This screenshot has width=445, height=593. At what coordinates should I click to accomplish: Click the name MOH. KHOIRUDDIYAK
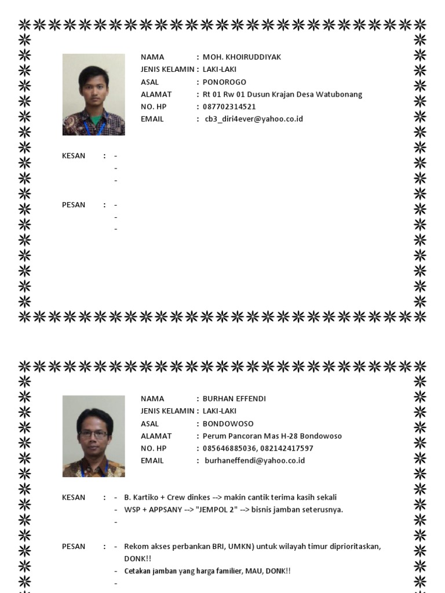(242, 57)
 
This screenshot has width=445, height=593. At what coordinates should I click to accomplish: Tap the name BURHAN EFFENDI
(235, 398)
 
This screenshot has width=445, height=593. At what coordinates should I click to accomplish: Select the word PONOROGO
(224, 82)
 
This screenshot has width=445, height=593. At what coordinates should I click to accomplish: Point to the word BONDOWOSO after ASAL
(228, 423)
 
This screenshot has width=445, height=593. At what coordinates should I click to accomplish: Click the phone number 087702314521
(229, 107)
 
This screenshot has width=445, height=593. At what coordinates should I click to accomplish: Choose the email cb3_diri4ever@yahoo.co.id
(254, 119)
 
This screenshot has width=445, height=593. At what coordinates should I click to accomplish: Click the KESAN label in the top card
(74, 156)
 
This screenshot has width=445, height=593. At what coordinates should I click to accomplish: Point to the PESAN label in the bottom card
(74, 547)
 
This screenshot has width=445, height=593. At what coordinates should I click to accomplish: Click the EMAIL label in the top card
(152, 119)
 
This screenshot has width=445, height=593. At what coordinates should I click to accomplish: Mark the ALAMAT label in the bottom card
(156, 436)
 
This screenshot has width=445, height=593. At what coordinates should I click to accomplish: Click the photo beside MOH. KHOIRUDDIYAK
(93, 94)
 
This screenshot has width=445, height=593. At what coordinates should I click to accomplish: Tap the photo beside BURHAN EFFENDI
(93, 436)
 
